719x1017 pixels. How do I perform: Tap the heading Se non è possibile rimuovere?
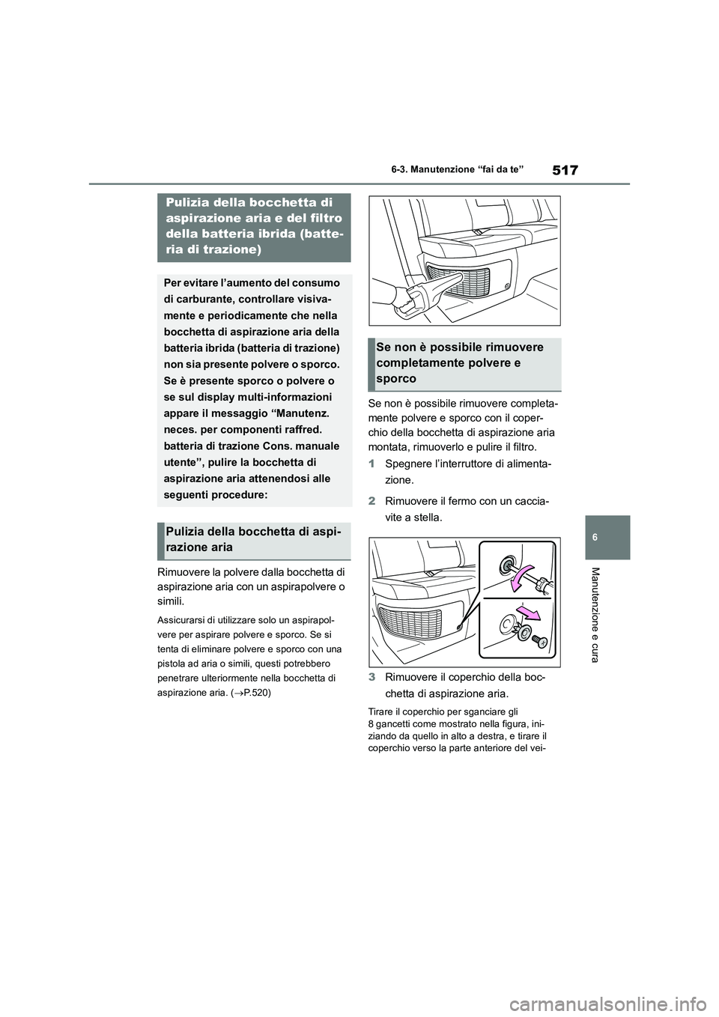click(x=460, y=347)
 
